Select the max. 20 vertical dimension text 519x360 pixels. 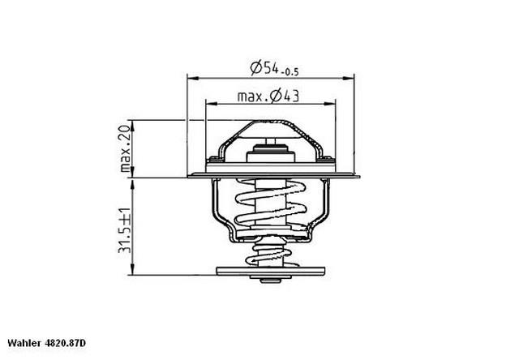click(127, 149)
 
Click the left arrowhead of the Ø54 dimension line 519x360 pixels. click(192, 78)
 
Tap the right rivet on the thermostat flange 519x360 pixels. click(327, 157)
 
